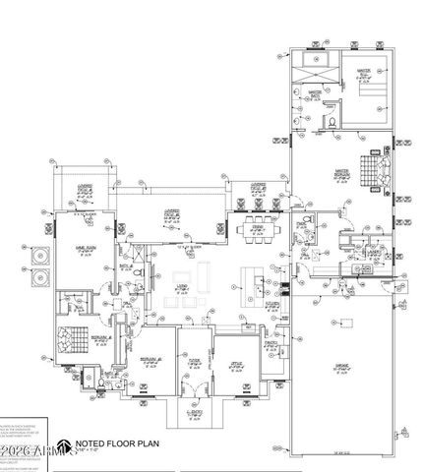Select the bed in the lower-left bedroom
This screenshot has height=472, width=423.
(70, 342)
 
